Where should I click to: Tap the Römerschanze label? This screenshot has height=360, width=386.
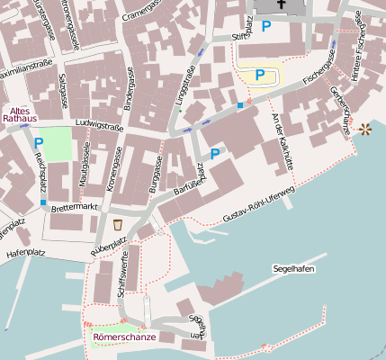pyautogui.click(x=124, y=337)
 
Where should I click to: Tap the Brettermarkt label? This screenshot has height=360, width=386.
pyautogui.click(x=74, y=207)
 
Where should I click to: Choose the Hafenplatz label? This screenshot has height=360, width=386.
pyautogui.click(x=25, y=254)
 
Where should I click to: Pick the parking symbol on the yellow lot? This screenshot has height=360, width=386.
pyautogui.click(x=260, y=75)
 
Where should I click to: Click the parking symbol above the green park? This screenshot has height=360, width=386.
pyautogui.click(x=38, y=142)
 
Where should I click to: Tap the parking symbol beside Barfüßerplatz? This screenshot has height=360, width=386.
pyautogui.click(x=215, y=155)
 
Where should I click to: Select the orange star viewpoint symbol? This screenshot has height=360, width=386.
pyautogui.click(x=365, y=130)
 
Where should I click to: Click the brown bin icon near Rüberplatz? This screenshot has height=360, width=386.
pyautogui.click(x=118, y=223)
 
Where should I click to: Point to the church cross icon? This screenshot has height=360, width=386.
pyautogui.click(x=283, y=4)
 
